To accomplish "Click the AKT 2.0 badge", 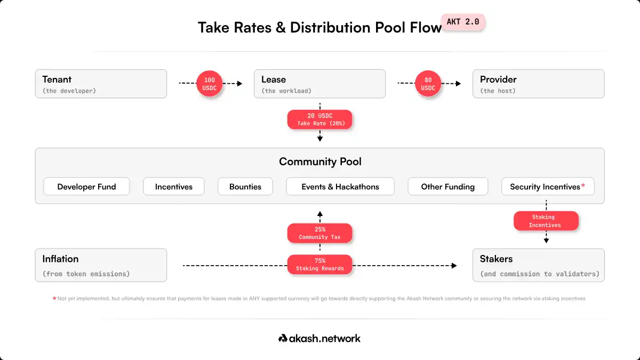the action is click(x=463, y=22).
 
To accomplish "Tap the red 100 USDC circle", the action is click(x=210, y=83).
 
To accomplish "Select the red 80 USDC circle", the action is click(x=428, y=83).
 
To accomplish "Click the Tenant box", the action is click(x=101, y=84).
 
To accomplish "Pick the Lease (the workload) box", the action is click(x=319, y=84).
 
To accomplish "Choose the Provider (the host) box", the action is click(x=539, y=84).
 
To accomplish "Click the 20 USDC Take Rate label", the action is click(x=319, y=119).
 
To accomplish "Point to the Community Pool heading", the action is click(x=320, y=162).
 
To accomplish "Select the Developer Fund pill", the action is click(x=86, y=186).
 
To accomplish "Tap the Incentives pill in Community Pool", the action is click(x=174, y=186).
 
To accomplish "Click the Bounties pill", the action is click(x=245, y=186).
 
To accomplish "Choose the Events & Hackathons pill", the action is click(x=340, y=186).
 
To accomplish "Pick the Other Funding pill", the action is click(x=447, y=186).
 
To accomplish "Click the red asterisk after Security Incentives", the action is click(x=583, y=186).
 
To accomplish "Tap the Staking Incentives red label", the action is click(x=546, y=221).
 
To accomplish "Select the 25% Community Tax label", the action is click(x=319, y=233).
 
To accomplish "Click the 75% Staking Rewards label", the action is click(x=319, y=265).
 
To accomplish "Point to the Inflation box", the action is click(x=101, y=265).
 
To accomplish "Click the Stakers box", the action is click(x=539, y=265).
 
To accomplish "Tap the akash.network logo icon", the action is click(x=283, y=338).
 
